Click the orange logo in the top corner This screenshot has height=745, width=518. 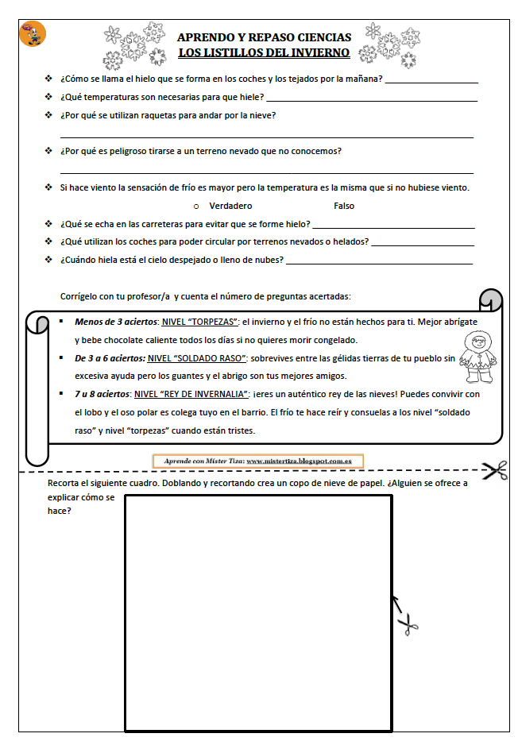click(x=33, y=34)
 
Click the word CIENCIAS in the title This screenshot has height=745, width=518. click(x=323, y=37)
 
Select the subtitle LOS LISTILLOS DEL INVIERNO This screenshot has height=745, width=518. click(x=264, y=53)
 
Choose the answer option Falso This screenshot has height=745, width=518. click(x=344, y=206)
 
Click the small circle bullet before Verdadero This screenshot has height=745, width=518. click(x=196, y=207)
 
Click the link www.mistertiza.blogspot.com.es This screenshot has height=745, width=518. click(x=300, y=461)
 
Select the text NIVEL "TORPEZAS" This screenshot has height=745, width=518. click(x=199, y=322)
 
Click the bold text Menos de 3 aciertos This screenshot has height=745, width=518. click(x=115, y=322)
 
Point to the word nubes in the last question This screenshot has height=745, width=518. click(x=267, y=260)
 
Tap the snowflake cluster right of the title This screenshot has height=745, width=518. click(x=381, y=44)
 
